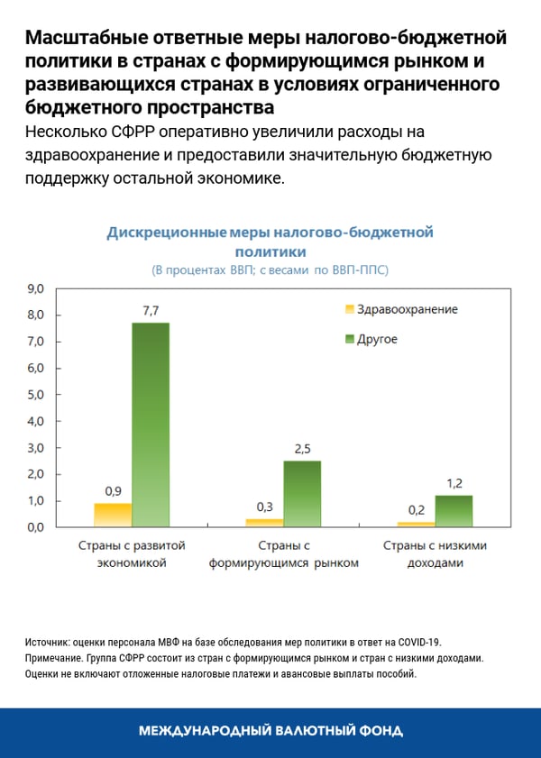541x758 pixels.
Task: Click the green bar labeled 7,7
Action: coord(151,424)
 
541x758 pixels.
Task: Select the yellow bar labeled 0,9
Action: coord(113,515)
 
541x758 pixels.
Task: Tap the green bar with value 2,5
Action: coord(302,493)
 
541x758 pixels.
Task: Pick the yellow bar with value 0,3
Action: coord(264,523)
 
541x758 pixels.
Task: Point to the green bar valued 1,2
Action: coord(454,511)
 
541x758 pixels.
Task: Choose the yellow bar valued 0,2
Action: coord(416,524)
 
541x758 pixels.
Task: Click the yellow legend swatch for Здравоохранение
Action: coord(346,309)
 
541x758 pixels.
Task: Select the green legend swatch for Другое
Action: coord(346,339)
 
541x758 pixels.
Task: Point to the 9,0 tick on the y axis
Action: coord(36,288)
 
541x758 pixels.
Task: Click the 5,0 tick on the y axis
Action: coord(36,395)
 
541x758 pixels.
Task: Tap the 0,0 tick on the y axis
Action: coord(36,527)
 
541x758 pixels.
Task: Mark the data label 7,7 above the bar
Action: coord(151,310)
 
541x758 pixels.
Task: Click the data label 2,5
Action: coord(302,449)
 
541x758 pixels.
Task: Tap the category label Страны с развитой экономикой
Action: coord(132,554)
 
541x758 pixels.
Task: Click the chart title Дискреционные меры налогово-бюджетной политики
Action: coord(270,242)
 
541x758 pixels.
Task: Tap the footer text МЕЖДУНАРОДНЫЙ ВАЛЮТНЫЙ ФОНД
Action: coord(270,731)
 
